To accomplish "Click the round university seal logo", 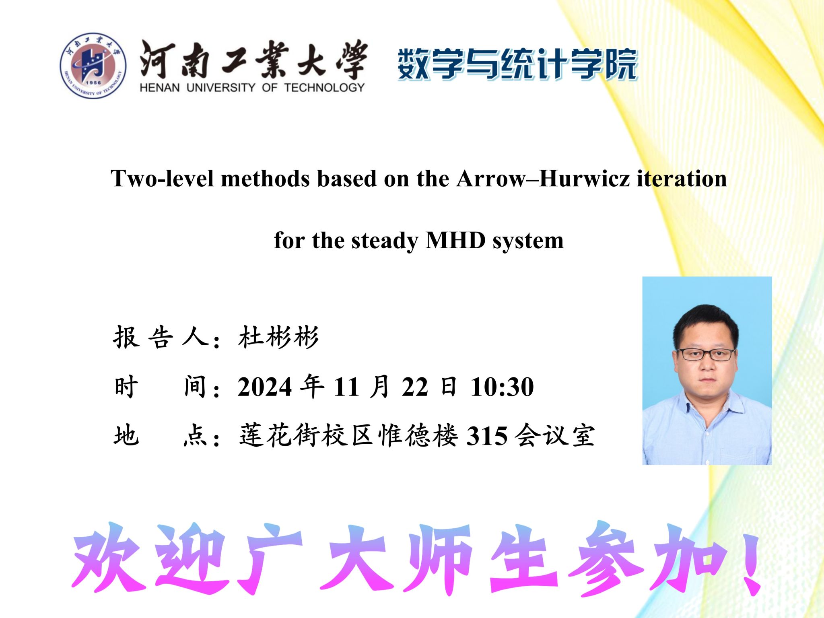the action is click(93, 66).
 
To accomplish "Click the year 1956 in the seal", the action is click(93, 82).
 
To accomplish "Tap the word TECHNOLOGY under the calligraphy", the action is click(324, 88).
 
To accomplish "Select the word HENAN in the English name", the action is click(160, 88).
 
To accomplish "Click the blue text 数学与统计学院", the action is click(518, 64).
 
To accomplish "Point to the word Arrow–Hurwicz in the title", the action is click(543, 178).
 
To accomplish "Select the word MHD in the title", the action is click(455, 241).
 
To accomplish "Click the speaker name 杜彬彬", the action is click(278, 337).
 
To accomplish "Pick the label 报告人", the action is click(161, 337).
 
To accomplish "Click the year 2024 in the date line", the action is click(264, 387).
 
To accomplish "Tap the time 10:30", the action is click(502, 387).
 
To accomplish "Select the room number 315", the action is click(487, 436).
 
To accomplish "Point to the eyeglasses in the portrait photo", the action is click(705, 354).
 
